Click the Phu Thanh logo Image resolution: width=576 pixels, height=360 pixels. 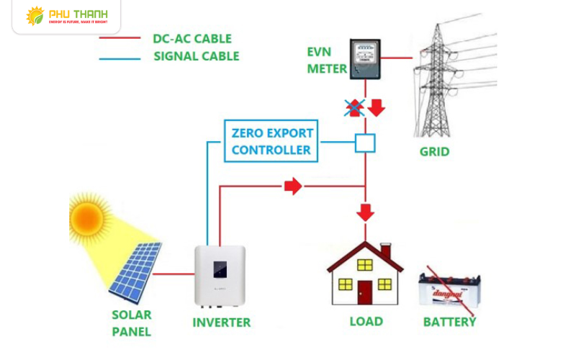tap(66, 16)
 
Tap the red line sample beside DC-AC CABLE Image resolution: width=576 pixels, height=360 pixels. tap(120, 37)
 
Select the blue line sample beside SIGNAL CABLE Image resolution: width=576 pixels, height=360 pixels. tap(120, 56)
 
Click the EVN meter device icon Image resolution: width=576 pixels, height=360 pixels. tap(365, 58)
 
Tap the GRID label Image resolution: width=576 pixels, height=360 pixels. tap(434, 152)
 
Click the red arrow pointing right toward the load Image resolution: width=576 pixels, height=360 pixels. tap(292, 186)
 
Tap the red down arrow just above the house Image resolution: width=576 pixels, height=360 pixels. tap(366, 212)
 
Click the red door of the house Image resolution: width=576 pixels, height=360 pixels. tap(366, 292)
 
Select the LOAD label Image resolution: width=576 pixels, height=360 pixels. tap(366, 321)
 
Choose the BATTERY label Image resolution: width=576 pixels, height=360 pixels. tap(449, 322)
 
